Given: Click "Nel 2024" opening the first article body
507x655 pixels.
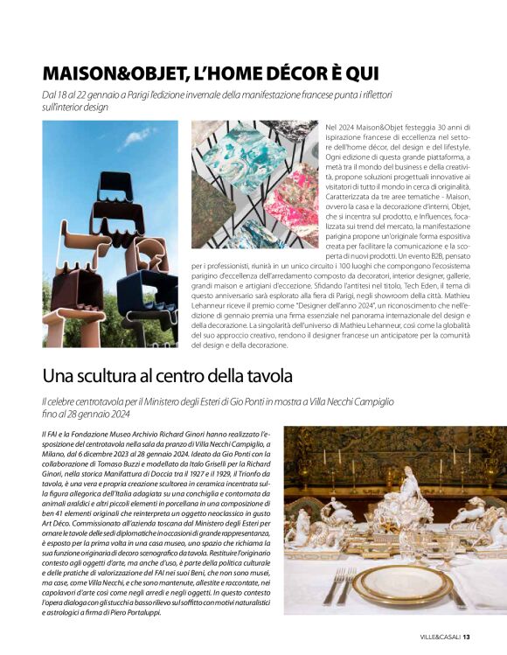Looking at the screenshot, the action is pyautogui.click(x=337, y=127).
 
